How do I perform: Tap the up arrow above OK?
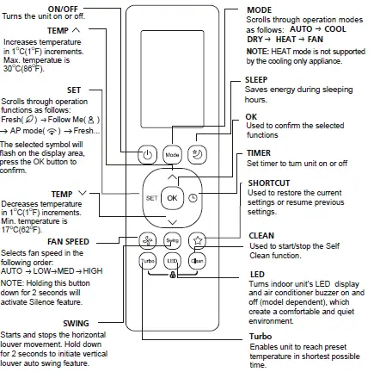click(x=172, y=176)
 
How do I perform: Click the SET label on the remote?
click(x=150, y=197)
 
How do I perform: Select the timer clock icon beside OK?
click(x=193, y=197)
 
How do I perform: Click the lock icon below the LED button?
click(x=172, y=273)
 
